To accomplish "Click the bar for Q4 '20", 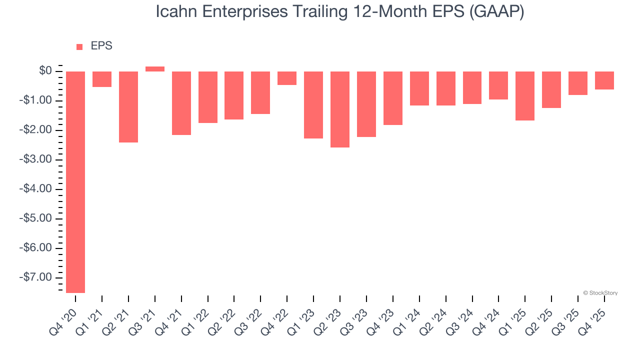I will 75,182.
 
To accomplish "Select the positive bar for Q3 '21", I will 155,69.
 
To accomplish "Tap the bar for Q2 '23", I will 340,109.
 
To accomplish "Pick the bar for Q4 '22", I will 287,78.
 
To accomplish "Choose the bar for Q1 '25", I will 525,96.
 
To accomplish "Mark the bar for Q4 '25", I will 604,80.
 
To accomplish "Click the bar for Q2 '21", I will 128,107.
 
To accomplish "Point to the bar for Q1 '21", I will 102,79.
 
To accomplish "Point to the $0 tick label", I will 45,71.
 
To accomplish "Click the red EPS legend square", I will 79,47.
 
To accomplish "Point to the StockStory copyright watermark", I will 600,293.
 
